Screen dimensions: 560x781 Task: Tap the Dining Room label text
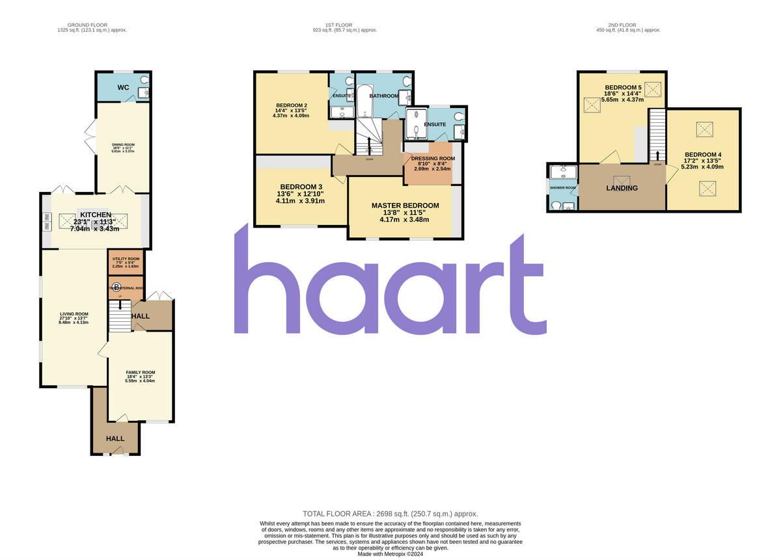click(x=124, y=145)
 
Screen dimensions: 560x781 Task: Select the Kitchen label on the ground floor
click(x=95, y=215)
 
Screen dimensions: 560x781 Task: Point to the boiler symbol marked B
click(x=116, y=287)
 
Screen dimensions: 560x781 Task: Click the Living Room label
click(x=73, y=314)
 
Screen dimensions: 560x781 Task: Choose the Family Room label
click(x=141, y=373)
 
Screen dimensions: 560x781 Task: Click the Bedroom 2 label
click(x=291, y=105)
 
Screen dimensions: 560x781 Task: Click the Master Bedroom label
click(x=405, y=206)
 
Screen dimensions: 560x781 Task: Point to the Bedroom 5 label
click(x=623, y=88)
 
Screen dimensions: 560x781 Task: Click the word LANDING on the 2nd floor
click(x=622, y=189)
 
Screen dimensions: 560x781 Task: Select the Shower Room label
click(x=563, y=188)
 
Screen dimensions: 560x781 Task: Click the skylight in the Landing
click(x=622, y=180)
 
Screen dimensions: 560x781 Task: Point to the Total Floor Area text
click(x=390, y=513)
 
